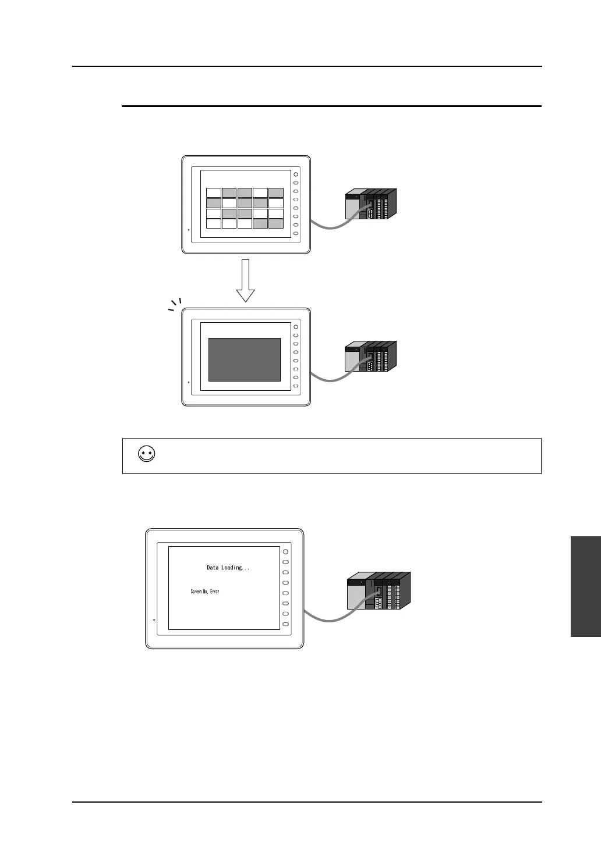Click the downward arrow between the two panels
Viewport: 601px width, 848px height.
tap(246, 280)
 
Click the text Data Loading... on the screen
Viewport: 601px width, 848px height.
tap(228, 568)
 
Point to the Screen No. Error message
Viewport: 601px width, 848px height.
tap(205, 592)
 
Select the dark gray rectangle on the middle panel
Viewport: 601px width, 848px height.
tap(245, 359)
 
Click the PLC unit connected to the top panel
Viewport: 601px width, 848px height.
tap(371, 204)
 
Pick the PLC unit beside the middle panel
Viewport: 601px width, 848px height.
tap(371, 355)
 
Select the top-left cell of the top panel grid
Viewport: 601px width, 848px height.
tap(214, 193)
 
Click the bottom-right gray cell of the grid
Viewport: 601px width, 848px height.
tap(275, 224)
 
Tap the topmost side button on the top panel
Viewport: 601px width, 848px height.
tap(296, 174)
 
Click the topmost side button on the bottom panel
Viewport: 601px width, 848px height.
tap(285, 551)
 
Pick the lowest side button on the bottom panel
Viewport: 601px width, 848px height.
tap(285, 624)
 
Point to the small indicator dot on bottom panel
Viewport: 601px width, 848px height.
tap(154, 620)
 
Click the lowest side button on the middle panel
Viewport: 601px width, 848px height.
tap(296, 386)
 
